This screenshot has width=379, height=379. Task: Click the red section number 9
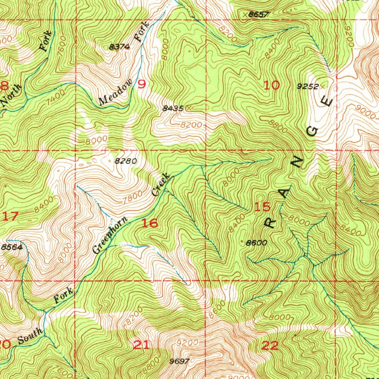[x=141, y=85]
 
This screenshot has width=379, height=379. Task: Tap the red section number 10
[x=272, y=85]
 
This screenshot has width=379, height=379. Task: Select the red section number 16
[x=150, y=223]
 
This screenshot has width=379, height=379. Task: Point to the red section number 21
[x=141, y=345]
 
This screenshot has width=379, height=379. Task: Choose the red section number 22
[x=270, y=346]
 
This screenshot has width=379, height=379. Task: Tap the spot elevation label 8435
[x=173, y=108]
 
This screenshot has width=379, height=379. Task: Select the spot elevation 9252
[x=308, y=87]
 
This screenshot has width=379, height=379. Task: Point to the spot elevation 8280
[x=126, y=161]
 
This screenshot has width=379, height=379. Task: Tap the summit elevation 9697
[x=180, y=361]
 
